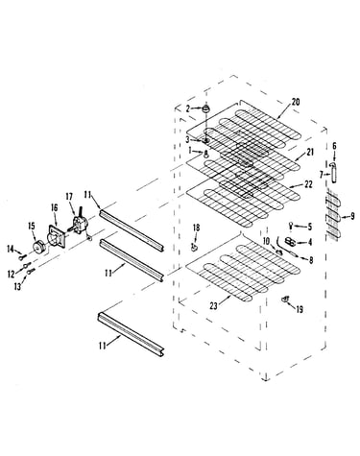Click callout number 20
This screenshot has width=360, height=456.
[x=296, y=102]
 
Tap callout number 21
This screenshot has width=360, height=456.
[x=310, y=152]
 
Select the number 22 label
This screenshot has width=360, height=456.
[x=308, y=184]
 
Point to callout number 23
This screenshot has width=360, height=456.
[x=213, y=306]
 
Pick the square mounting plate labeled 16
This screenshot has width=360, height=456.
[x=57, y=237]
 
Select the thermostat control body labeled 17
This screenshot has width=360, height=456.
[x=79, y=223]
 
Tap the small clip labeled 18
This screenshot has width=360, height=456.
[x=194, y=247]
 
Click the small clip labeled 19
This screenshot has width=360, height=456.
[x=284, y=300]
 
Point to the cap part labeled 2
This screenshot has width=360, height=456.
[x=205, y=108]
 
